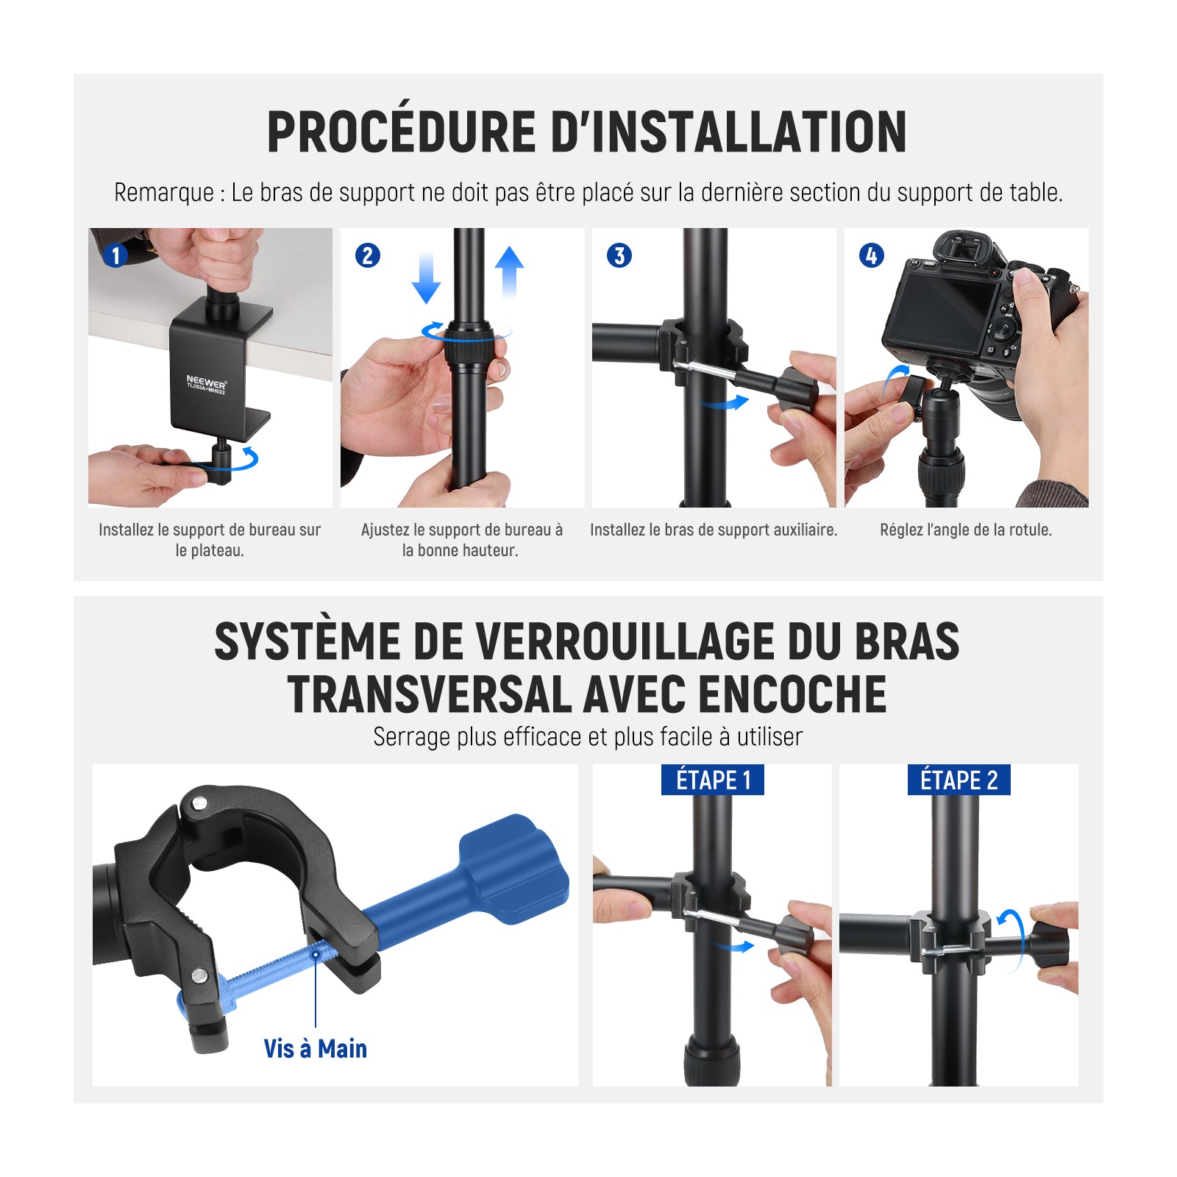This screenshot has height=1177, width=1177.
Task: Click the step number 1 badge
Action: coord(115,256)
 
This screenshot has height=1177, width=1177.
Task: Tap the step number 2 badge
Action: coord(368,256)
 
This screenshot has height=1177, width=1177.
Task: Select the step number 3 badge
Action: coord(619,256)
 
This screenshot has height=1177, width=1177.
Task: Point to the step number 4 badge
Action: coord(872,256)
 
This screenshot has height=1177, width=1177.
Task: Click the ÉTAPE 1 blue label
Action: coord(713,780)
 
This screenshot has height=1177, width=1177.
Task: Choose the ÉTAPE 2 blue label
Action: coord(959,780)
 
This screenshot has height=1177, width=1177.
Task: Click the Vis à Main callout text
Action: coord(315,1048)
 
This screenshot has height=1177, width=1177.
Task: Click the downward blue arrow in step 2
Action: coord(426,278)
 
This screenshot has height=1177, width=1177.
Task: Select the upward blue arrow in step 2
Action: coord(509,271)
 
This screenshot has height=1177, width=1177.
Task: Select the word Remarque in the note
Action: coord(163,193)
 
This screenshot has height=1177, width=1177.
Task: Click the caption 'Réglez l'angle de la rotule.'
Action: coord(966,530)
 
